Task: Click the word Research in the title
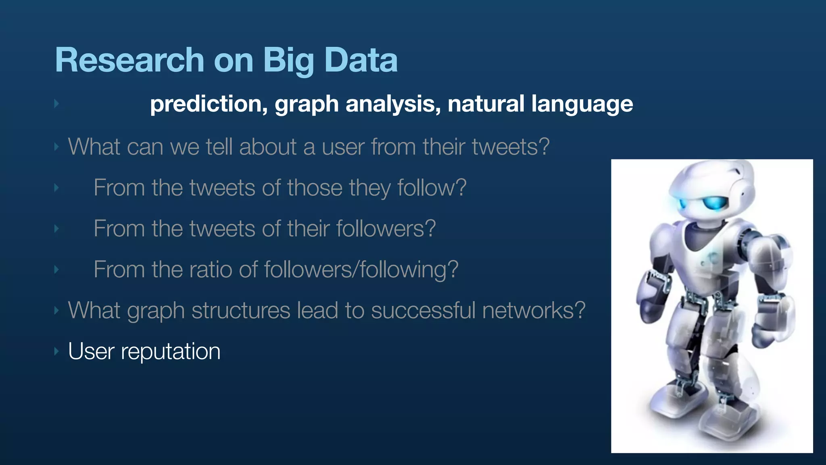point(129,60)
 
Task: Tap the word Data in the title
point(361,60)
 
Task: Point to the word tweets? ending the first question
point(511,147)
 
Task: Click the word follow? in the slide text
point(432,188)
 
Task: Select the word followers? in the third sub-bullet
point(386,228)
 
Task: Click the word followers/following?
point(361,270)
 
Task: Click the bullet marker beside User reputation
point(56,351)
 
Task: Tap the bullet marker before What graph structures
point(56,310)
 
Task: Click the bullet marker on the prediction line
point(56,104)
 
